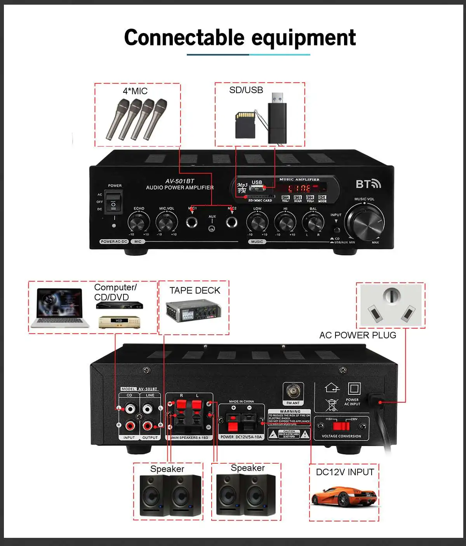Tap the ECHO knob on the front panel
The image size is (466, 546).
139,223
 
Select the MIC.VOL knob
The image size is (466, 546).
167,223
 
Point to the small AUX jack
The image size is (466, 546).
212,228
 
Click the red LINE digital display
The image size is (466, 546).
299,189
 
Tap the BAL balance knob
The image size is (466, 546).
313,223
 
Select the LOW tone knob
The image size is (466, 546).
257,223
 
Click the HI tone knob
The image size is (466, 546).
285,223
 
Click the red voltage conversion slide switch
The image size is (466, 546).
341,426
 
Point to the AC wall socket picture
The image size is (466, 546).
391,305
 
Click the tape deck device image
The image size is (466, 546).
193,311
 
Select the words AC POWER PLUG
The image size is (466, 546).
358,335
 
